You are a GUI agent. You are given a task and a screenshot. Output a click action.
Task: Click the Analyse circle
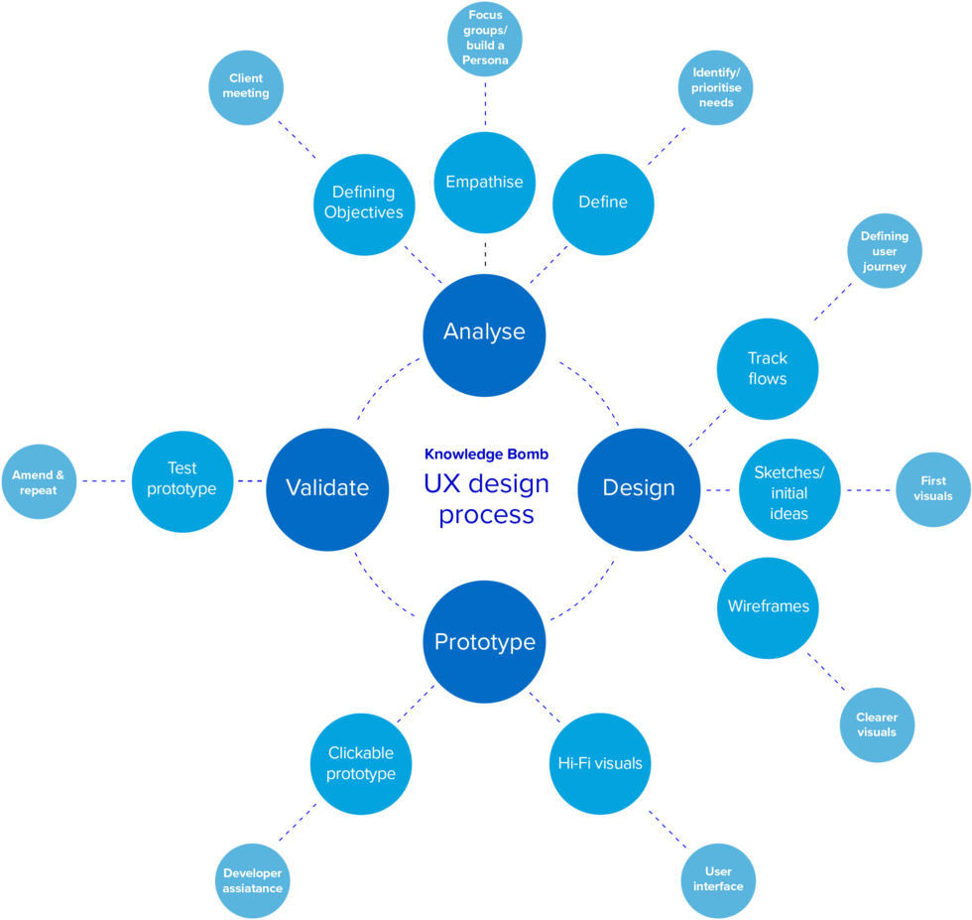[484, 333]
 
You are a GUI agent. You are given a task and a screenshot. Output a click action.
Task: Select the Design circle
[639, 488]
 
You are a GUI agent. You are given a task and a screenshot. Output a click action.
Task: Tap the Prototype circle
[484, 642]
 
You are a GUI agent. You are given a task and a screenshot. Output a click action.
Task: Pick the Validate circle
[327, 488]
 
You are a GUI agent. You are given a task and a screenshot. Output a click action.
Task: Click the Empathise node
[485, 183]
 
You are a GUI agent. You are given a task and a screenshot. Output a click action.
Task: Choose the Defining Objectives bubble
[364, 202]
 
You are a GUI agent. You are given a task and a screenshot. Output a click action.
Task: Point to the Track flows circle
[768, 369]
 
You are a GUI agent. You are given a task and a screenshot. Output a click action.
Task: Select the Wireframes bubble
[768, 607]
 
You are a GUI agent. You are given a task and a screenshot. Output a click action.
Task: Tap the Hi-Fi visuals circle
[599, 764]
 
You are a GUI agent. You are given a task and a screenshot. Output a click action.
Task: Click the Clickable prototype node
[361, 764]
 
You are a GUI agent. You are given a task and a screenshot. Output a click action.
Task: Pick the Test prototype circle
[182, 479]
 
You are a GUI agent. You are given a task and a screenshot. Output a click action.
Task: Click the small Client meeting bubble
[246, 86]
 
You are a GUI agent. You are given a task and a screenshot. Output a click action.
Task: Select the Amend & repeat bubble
[39, 482]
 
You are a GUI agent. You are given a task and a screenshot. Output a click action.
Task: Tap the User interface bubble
[718, 879]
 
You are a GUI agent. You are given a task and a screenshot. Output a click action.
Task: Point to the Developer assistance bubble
[253, 881]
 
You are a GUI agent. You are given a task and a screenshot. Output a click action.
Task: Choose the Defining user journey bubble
[884, 252]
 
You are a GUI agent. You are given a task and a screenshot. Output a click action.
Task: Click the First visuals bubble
[933, 489]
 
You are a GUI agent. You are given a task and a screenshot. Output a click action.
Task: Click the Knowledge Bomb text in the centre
[486, 455]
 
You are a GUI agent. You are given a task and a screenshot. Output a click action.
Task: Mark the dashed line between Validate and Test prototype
[250, 481]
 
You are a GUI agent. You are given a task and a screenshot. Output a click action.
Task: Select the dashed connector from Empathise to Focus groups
[485, 104]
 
